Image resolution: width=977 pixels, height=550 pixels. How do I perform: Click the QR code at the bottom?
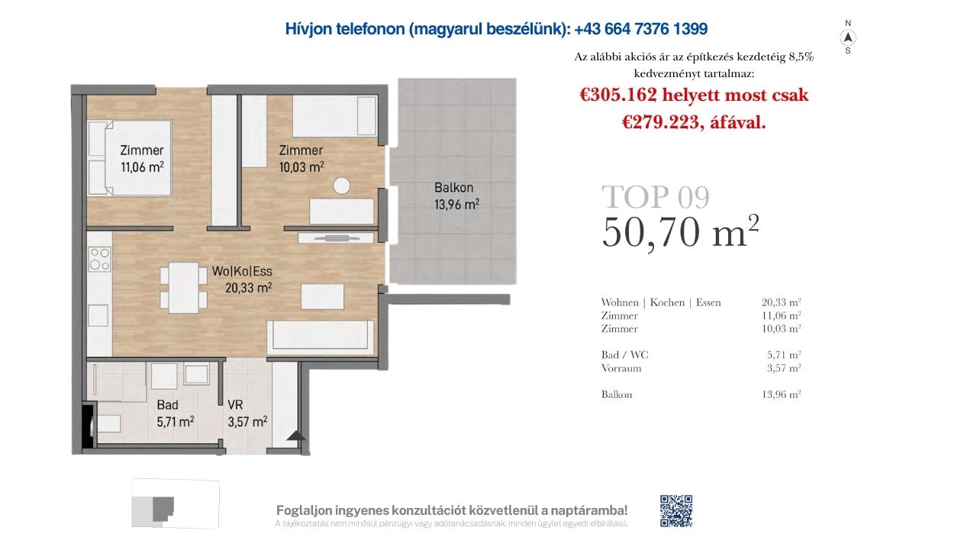pos(676,511)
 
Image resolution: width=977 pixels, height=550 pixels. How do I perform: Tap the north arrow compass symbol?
pos(848,37)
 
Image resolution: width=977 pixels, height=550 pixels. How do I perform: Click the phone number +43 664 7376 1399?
pos(640,29)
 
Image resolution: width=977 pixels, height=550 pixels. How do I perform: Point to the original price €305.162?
pos(618,95)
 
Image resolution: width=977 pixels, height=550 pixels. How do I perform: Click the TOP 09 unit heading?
pos(656,197)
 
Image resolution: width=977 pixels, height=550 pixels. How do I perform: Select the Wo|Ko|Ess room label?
pos(242,271)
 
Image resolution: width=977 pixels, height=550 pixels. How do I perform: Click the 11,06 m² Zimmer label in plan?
pos(142,158)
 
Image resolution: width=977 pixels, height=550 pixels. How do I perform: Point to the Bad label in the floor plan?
pos(167,405)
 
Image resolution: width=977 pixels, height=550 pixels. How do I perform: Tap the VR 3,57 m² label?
pos(247,413)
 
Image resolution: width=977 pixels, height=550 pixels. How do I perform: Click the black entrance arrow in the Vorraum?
pos(297,435)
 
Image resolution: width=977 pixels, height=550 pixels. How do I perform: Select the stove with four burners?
pos(99,259)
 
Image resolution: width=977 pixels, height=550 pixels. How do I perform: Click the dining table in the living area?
pos(184,288)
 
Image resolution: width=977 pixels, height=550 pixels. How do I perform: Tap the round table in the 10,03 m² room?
pos(341,186)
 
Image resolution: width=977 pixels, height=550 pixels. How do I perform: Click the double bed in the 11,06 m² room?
pos(130,158)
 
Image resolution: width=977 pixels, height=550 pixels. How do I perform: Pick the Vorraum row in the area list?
pos(701,368)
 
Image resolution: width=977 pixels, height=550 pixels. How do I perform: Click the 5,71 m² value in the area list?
pos(784,354)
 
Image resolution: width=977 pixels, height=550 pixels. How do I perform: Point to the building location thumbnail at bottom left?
pos(176,503)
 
